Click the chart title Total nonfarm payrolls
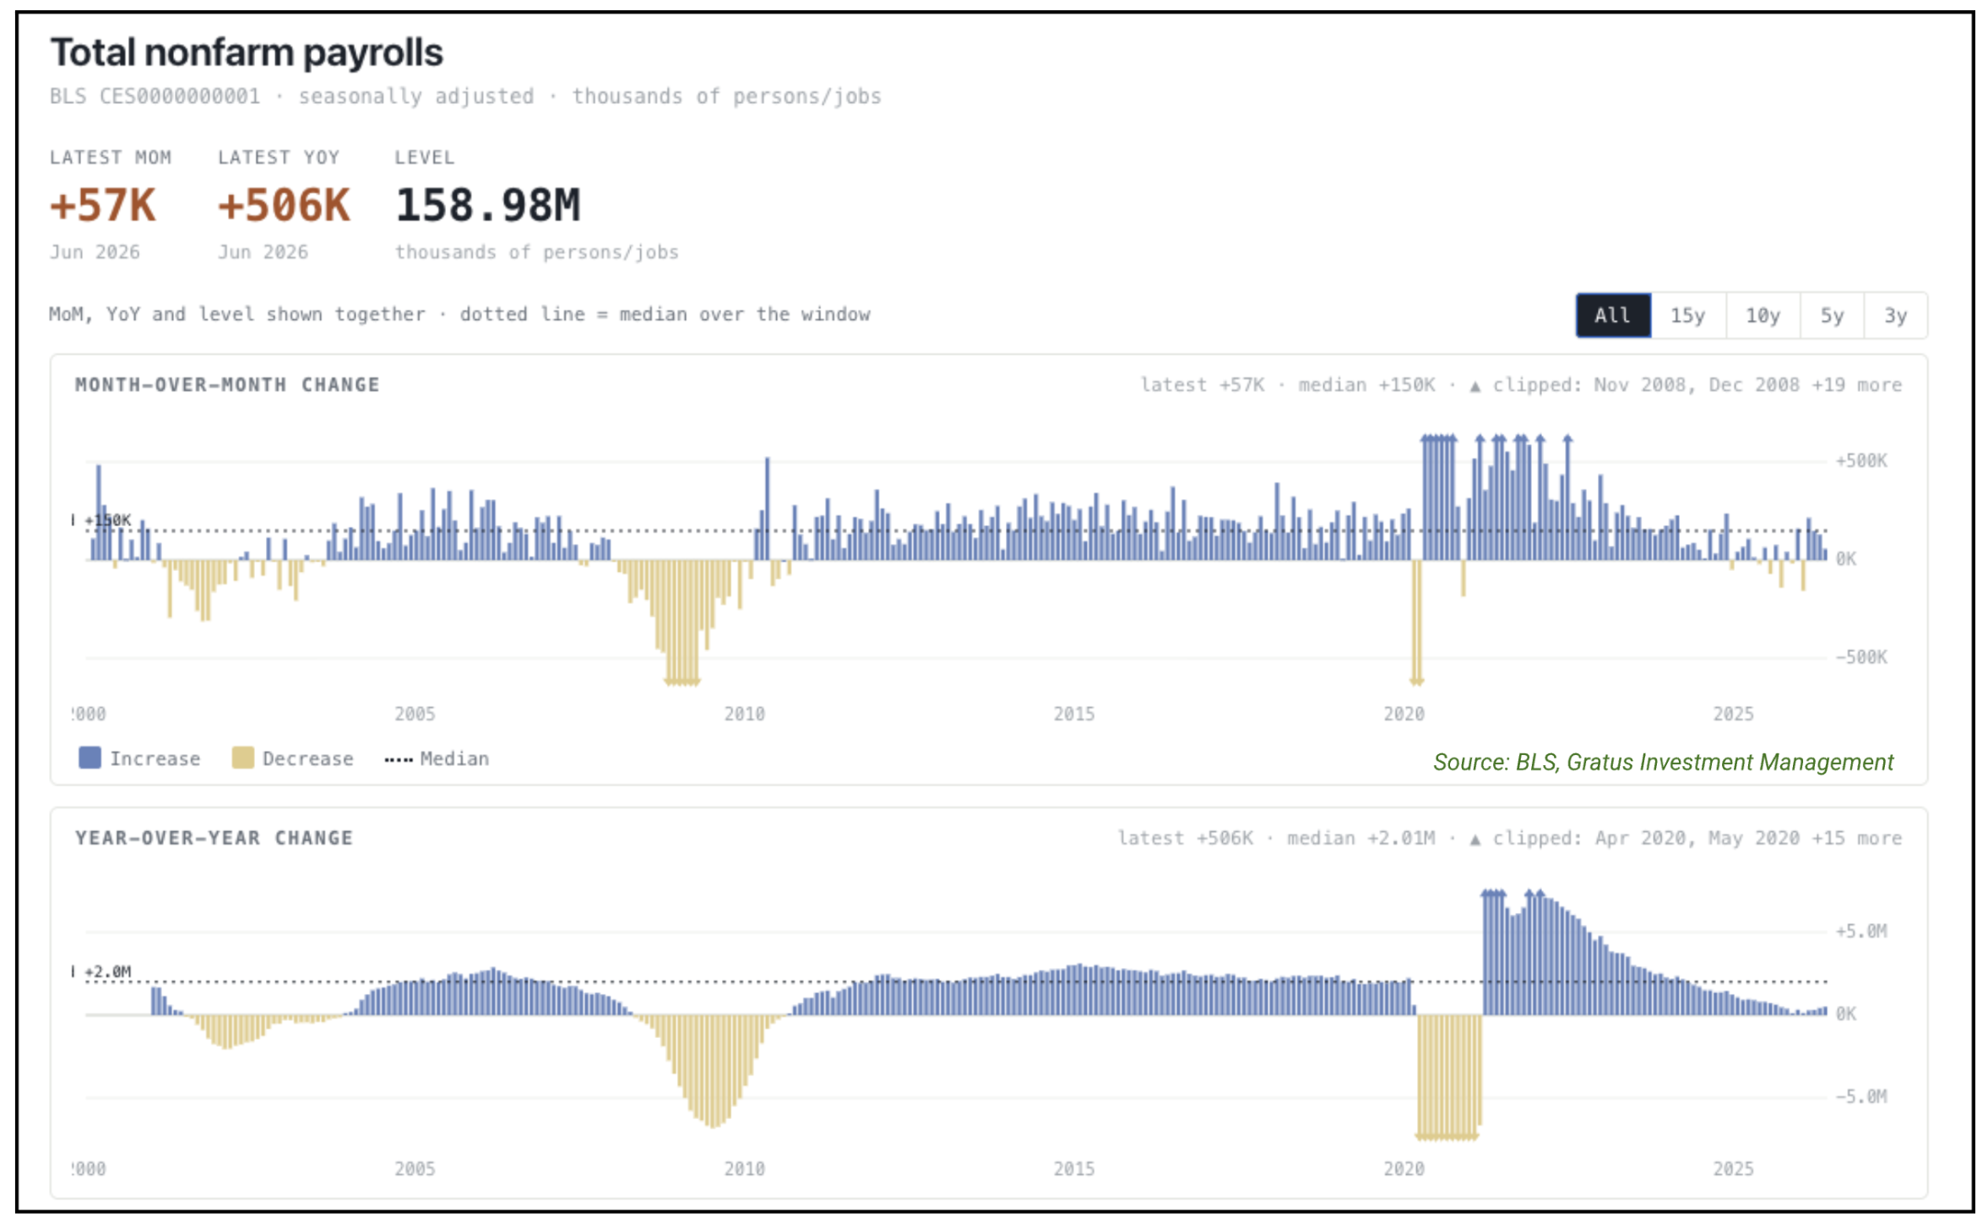(247, 52)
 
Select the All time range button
(1612, 315)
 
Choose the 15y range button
(1687, 315)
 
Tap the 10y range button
(1763, 315)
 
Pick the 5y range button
(1831, 315)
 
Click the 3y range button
(1895, 315)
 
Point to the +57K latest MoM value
(103, 205)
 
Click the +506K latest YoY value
(284, 205)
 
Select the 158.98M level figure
(488, 205)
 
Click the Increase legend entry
(139, 758)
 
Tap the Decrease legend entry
(292, 758)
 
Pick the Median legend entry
(437, 758)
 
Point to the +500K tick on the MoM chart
(1860, 460)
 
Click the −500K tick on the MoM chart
(1860, 656)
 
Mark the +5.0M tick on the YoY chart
(1860, 931)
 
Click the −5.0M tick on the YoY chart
(1860, 1096)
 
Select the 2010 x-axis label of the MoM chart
(744, 714)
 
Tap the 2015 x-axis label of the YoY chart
(1073, 1169)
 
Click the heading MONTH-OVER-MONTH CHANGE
(227, 384)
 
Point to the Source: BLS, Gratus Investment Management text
(1663, 762)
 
